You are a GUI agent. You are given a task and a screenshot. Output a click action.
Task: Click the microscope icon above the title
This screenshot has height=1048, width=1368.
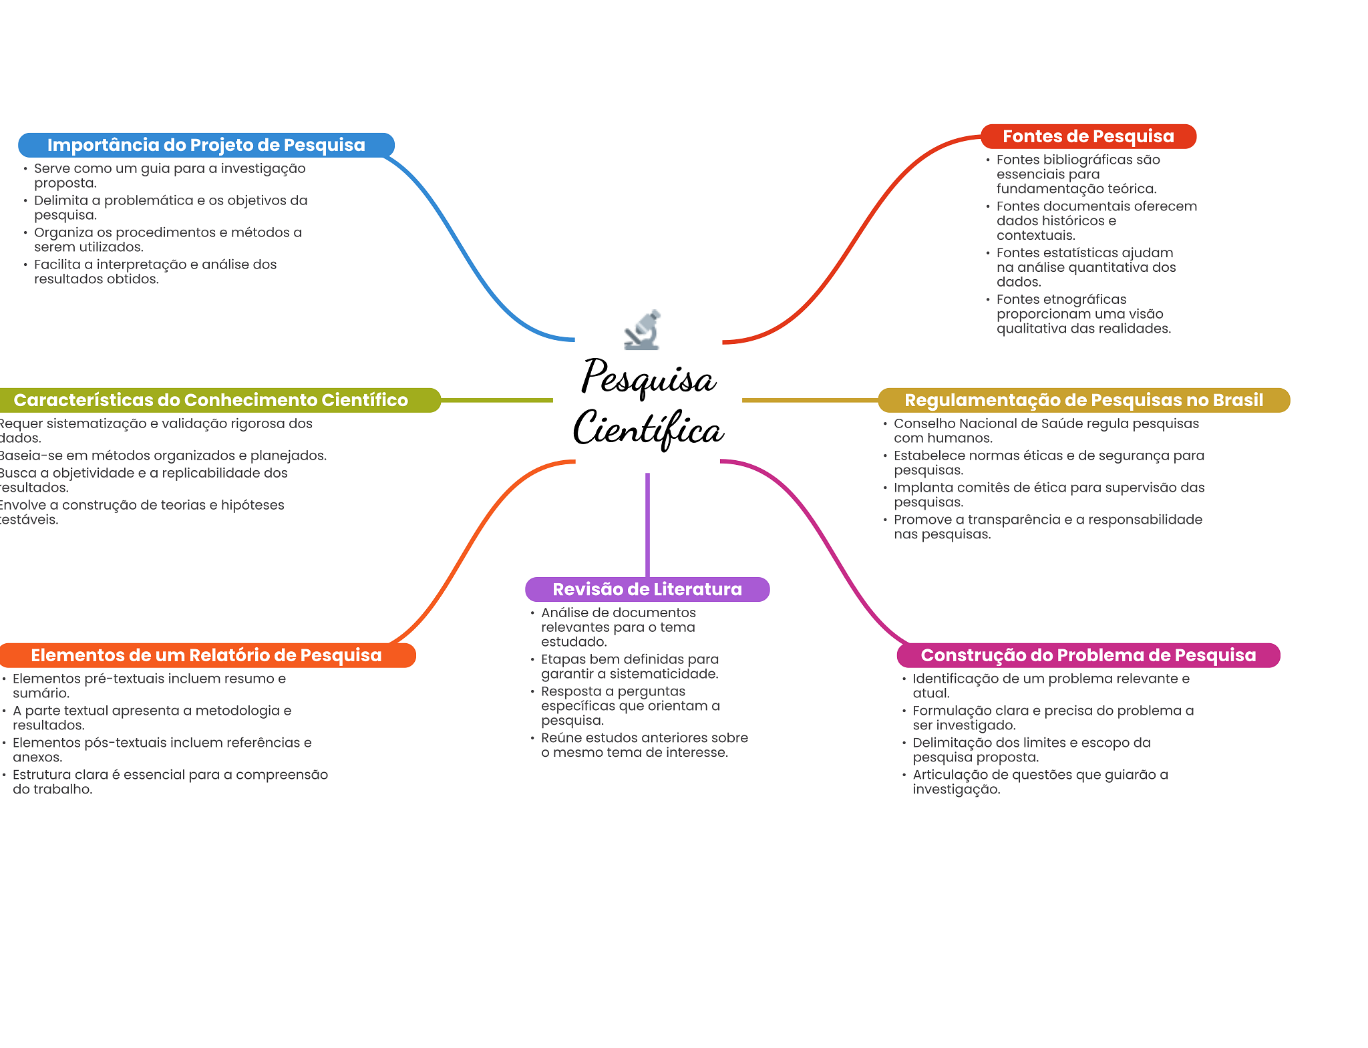(643, 330)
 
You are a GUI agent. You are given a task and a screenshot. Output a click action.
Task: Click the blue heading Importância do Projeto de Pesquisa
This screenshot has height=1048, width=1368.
(206, 145)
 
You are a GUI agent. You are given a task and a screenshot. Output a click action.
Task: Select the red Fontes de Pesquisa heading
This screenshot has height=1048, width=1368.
(1088, 136)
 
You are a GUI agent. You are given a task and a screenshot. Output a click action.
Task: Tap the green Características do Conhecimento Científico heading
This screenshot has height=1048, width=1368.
(210, 400)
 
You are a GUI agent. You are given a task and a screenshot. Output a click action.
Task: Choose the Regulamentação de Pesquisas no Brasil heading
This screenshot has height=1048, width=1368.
(1083, 400)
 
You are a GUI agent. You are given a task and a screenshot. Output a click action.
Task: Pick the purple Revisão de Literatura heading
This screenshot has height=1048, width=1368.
(647, 589)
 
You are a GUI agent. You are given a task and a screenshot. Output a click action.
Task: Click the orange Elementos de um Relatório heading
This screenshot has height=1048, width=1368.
(206, 655)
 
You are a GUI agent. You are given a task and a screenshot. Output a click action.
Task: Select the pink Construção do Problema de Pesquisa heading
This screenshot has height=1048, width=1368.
(1088, 655)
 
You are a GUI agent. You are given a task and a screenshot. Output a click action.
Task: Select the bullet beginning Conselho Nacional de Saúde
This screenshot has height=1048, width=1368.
(1046, 431)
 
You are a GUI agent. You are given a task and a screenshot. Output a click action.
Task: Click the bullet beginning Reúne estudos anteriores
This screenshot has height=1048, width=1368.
(644, 745)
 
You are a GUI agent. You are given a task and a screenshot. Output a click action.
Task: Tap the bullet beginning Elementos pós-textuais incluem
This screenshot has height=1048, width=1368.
(162, 749)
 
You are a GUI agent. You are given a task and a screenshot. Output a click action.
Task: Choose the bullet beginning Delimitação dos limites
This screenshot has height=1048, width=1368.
(1031, 749)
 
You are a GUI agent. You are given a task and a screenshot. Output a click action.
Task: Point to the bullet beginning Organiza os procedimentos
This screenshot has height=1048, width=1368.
(168, 239)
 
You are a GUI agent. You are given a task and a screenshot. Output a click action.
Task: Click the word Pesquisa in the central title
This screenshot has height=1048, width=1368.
(648, 377)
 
